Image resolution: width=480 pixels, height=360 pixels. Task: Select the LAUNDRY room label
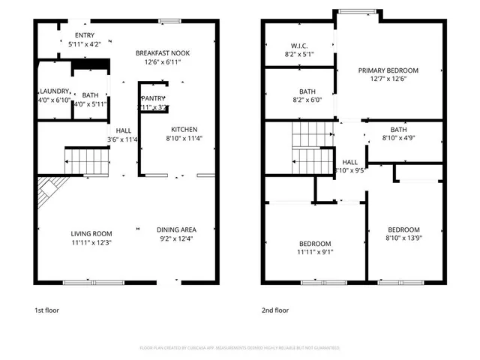(x=54, y=91)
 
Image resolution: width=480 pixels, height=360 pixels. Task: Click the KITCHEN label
(x=184, y=129)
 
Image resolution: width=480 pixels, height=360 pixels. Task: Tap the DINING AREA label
(x=176, y=230)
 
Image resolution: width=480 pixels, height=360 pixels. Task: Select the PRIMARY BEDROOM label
(x=388, y=70)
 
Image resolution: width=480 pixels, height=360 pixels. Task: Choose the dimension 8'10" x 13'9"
(x=403, y=238)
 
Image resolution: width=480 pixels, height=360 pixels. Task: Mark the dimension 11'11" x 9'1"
(x=315, y=253)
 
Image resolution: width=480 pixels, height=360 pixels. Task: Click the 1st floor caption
(x=46, y=310)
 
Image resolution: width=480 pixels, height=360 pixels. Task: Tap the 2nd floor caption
(x=274, y=310)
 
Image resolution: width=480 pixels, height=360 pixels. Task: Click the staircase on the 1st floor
(x=79, y=160)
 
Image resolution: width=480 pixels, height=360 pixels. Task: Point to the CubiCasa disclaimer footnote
(x=240, y=348)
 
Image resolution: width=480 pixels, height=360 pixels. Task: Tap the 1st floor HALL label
(x=123, y=130)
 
